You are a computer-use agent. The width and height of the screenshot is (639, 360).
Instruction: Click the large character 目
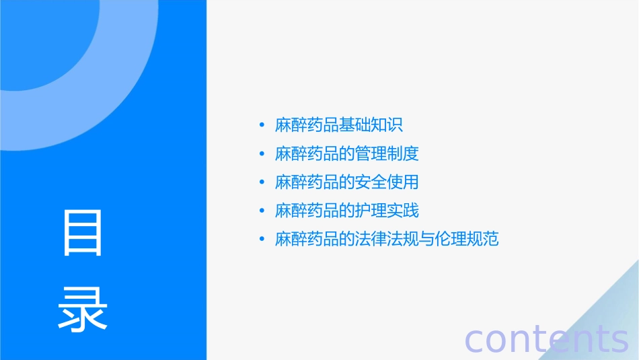pyautogui.click(x=83, y=233)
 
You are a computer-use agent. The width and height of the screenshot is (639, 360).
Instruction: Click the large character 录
pyautogui.click(x=83, y=309)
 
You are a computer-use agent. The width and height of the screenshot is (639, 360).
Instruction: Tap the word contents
pyautogui.click(x=547, y=338)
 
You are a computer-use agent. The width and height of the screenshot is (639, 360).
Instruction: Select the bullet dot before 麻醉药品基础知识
pyautogui.click(x=262, y=125)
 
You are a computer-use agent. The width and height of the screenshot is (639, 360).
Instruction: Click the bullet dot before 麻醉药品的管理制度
pyautogui.click(x=262, y=154)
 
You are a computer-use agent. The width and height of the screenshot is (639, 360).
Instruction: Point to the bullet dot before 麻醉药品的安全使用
pyautogui.click(x=262, y=182)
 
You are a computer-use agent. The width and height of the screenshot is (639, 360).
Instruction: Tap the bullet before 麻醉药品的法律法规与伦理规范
pyautogui.click(x=262, y=240)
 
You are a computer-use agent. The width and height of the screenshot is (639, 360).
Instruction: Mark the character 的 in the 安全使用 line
pyautogui.click(x=347, y=182)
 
